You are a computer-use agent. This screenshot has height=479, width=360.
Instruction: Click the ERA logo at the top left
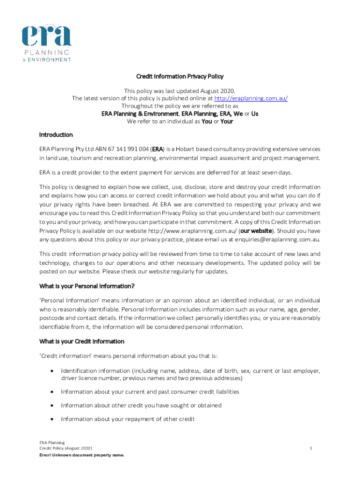coord(47,42)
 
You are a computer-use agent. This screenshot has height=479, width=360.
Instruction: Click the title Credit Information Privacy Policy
coord(180,76)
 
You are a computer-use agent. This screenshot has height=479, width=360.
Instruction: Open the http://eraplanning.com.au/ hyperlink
coord(251,98)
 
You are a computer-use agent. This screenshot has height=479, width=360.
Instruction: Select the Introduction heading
coord(56,135)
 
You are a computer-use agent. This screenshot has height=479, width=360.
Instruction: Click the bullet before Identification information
coord(51,371)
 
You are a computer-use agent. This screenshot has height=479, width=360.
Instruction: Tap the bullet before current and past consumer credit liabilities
coord(51,392)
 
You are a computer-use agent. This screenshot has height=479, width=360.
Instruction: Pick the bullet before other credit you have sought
coord(51,405)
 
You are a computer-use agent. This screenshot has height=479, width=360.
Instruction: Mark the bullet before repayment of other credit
coord(51,419)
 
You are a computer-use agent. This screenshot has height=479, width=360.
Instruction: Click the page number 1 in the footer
coord(310,448)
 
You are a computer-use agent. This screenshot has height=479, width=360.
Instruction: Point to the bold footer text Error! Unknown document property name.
coord(82,455)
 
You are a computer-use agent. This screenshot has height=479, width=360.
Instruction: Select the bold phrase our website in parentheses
coord(255,231)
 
